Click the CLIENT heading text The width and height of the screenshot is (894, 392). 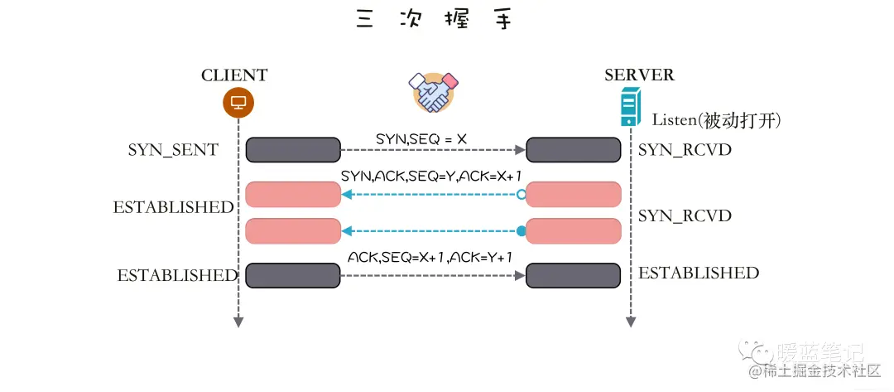pyautogui.click(x=234, y=75)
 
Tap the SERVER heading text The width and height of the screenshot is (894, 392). pyautogui.click(x=639, y=75)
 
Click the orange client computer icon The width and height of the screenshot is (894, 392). pyautogui.click(x=238, y=104)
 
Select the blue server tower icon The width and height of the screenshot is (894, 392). pyautogui.click(x=631, y=109)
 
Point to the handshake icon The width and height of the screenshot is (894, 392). pyautogui.click(x=435, y=92)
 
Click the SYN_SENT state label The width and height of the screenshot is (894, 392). pyautogui.click(x=173, y=150)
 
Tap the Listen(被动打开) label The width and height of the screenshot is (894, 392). pyautogui.click(x=716, y=120)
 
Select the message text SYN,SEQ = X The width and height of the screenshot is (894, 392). pyautogui.click(x=421, y=139)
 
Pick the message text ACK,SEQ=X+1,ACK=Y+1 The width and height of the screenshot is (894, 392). pyautogui.click(x=430, y=258)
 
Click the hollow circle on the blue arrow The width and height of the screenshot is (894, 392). pyautogui.click(x=521, y=195)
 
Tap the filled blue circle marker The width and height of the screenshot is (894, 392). pyautogui.click(x=521, y=230)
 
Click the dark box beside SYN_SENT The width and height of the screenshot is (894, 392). pyautogui.click(x=293, y=150)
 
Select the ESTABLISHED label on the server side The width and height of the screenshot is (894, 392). pyautogui.click(x=699, y=273)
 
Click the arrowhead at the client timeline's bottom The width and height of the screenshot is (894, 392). pyautogui.click(x=238, y=322)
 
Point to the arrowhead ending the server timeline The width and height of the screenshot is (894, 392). pyautogui.click(x=631, y=322)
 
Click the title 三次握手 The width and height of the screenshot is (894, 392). pyautogui.click(x=434, y=20)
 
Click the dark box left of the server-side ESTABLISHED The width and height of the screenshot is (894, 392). pyautogui.click(x=573, y=275)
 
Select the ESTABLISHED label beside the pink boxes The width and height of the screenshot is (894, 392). pyautogui.click(x=174, y=207)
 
